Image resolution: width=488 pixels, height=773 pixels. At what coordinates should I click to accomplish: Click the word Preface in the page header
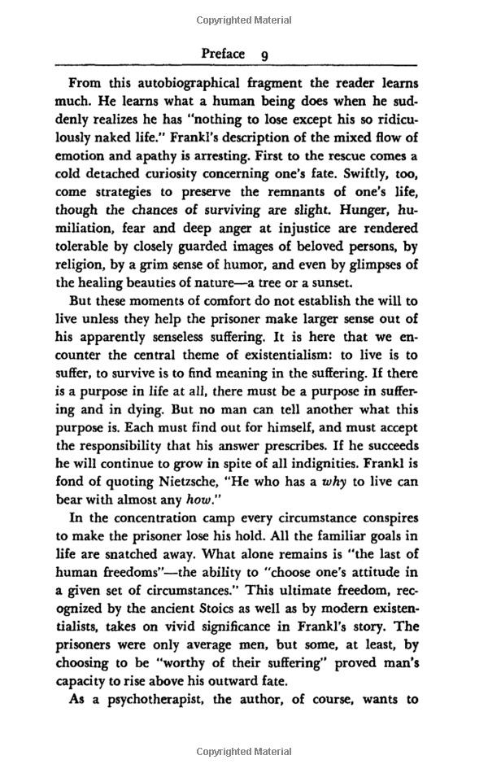[x=223, y=54]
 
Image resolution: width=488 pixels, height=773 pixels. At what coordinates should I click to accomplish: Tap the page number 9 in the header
[x=264, y=55]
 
